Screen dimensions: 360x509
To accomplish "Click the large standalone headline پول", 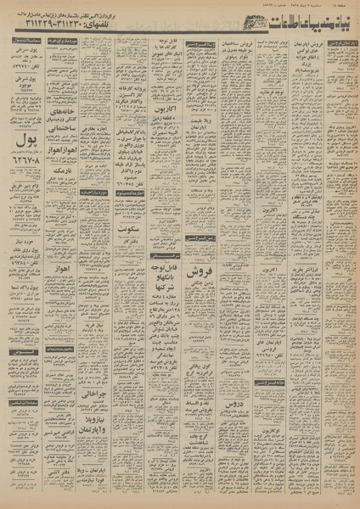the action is pyautogui.click(x=26, y=135).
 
